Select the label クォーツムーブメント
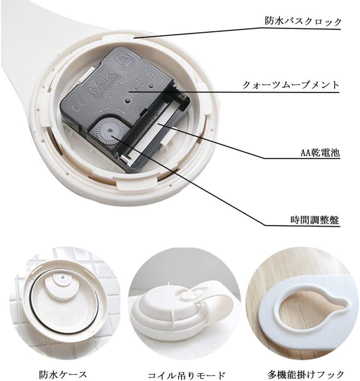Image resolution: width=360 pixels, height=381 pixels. coord(291,85)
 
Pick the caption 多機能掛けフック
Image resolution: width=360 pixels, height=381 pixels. coord(305,373)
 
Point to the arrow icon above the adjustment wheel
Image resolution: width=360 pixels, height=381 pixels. coord(113,107)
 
